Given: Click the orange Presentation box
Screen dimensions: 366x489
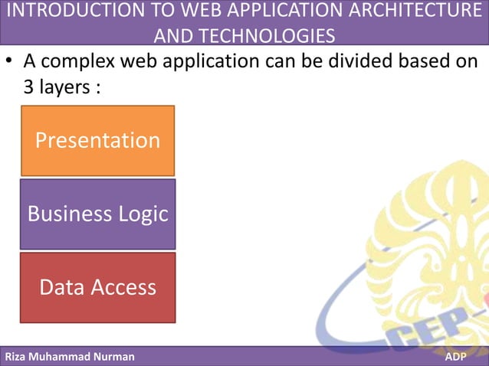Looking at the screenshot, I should (x=97, y=141).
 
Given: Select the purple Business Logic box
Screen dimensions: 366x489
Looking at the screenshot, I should (x=97, y=214).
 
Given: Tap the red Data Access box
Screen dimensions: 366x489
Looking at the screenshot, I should (x=97, y=287).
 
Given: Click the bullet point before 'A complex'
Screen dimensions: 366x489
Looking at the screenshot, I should (x=10, y=62).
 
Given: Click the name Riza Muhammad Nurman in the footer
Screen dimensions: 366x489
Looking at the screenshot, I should (x=70, y=357).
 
